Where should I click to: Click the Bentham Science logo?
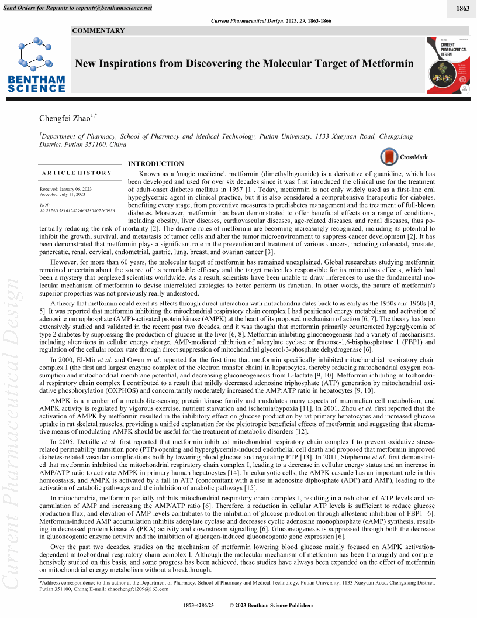37,64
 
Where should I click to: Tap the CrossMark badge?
405,157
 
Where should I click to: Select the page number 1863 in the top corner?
462,8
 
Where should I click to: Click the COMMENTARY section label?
99,30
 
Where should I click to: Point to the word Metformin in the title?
387,63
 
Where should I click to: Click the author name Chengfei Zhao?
64,119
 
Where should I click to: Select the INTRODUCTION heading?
156,164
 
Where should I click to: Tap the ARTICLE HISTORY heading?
77,173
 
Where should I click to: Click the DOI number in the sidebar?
77,210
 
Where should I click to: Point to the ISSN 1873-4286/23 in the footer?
199,605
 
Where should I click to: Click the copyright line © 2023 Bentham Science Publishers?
272,605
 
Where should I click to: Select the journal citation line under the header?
270,21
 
